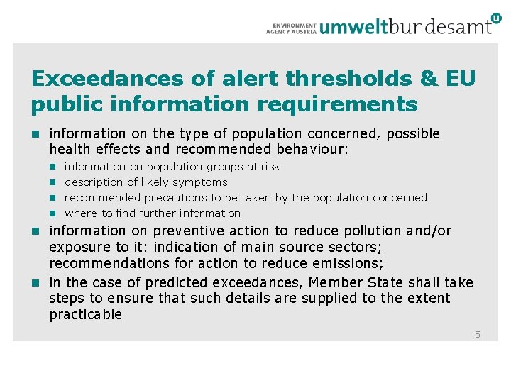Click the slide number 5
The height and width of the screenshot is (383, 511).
point(478,334)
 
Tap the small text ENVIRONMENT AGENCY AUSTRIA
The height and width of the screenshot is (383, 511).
point(291,28)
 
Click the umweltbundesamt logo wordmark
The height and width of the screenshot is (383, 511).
point(405,27)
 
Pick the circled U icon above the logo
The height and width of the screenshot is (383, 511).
point(495,18)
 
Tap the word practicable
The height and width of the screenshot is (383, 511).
point(86,315)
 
